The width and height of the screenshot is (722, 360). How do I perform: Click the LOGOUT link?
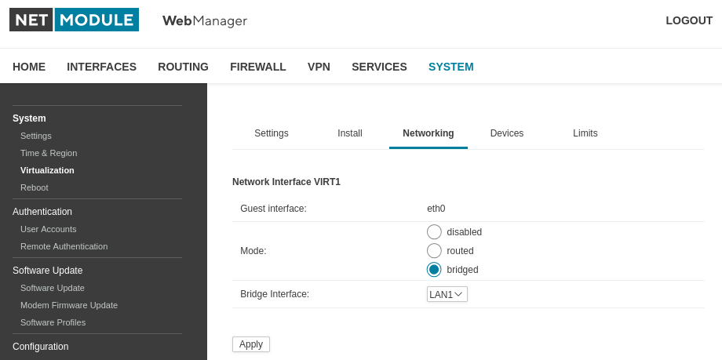689,20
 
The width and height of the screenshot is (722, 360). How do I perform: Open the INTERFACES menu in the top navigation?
101,67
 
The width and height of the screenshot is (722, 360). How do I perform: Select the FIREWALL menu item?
258,67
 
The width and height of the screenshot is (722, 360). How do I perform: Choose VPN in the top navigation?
319,67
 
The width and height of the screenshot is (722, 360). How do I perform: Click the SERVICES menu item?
379,67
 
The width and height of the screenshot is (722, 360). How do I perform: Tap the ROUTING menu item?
184,67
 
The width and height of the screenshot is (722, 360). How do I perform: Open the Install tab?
350,133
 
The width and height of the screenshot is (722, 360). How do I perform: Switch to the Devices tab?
506,133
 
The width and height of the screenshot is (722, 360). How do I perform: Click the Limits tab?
585,133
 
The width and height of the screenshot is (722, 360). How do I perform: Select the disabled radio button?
434,232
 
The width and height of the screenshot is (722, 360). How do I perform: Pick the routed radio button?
434,251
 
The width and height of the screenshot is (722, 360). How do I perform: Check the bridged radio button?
434,270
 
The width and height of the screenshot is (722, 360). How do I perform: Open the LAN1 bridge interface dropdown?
447,294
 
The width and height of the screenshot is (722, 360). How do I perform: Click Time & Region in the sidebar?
49,153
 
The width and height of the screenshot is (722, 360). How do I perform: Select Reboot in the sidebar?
34,187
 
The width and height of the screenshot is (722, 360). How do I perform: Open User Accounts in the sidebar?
49,229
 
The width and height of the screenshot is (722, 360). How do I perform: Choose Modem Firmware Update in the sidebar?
69,305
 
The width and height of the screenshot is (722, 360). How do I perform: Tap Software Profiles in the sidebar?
53,322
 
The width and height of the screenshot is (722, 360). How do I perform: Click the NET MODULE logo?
74,20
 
